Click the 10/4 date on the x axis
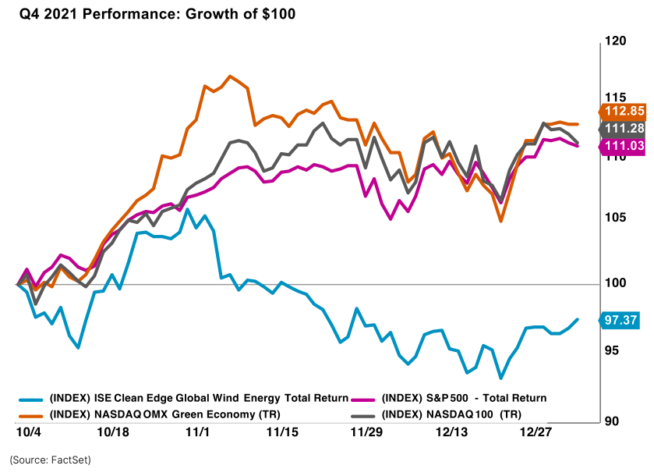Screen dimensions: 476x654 click(x=28, y=432)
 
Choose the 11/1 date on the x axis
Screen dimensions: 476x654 click(x=197, y=432)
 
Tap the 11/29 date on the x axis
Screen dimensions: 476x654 click(x=365, y=432)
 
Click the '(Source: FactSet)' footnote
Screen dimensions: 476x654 click(x=51, y=460)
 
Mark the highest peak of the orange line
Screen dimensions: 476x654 click(x=230, y=76)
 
